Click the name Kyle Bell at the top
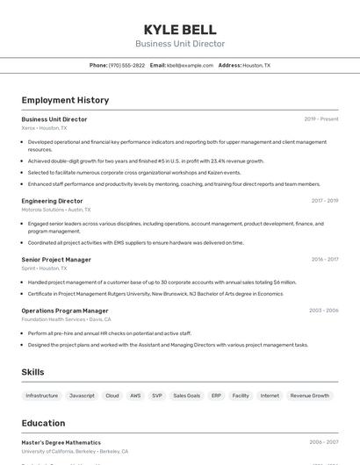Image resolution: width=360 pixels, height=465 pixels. coord(179,29)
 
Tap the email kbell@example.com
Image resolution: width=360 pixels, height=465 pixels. coord(190,65)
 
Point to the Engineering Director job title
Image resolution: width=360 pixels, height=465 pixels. coord(52,201)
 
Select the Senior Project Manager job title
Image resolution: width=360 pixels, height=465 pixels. coord(56,260)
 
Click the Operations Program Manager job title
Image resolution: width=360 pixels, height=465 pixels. coord(65,311)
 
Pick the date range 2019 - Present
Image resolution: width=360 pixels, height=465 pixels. coord(320,119)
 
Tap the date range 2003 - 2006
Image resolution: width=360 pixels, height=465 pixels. coord(323,311)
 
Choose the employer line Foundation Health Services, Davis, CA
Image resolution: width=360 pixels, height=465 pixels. coord(66,319)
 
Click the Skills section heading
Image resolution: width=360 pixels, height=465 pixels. coord(32,372)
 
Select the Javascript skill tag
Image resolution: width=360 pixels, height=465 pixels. coord(82,396)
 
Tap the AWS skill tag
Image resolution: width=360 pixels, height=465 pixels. coord(135,396)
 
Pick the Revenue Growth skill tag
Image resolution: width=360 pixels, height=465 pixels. coord(309,396)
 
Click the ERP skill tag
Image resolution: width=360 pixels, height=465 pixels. coord(216,396)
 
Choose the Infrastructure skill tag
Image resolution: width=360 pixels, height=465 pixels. coord(42,396)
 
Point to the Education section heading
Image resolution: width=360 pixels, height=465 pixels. coord(43,423)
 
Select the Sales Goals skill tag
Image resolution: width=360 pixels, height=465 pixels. coord(186,396)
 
